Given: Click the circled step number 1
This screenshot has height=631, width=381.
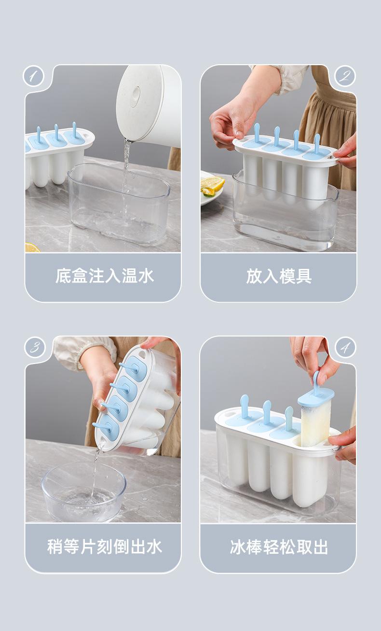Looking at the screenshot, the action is coord(33,76).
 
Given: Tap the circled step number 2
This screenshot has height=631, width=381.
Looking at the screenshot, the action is coord(345,76).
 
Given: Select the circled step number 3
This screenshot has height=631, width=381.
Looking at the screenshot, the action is coord(35,347).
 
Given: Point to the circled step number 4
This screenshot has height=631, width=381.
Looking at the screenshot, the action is coord(345,347).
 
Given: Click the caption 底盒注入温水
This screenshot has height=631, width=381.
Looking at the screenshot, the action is coord(104,276).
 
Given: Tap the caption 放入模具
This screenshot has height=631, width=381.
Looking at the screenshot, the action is coord(279,276).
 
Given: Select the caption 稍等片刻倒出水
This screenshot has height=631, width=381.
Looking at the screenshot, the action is coord(104,547).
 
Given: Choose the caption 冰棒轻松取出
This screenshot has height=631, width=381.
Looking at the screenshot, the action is coord(279,547).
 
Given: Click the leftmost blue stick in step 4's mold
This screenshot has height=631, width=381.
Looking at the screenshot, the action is coord(244,407).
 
